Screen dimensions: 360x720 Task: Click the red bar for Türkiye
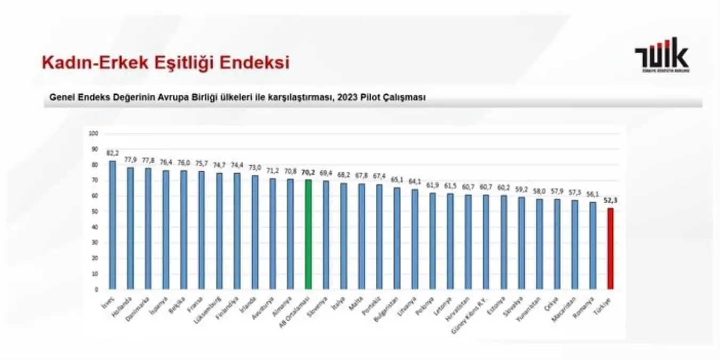610,249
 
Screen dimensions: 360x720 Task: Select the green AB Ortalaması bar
308,235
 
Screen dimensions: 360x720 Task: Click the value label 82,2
112,153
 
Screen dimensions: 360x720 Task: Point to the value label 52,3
611,200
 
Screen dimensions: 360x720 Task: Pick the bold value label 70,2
308,172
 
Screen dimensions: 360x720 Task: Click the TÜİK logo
661,55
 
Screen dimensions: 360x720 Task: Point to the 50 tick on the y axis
95,211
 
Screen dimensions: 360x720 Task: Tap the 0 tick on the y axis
97,290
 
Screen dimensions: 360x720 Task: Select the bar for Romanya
593,245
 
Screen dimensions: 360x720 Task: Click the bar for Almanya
290,234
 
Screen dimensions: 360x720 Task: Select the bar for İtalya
343,236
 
